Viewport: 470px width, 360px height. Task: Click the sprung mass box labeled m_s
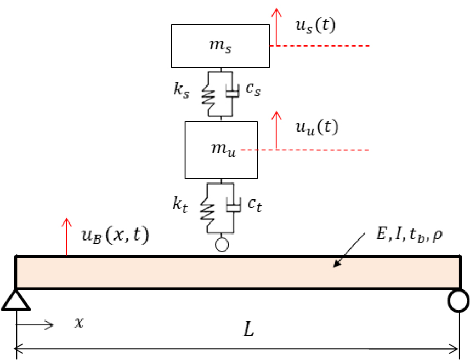click(220, 45)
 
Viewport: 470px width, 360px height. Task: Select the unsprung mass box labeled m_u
click(221, 150)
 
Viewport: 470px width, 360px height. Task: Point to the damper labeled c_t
click(234, 206)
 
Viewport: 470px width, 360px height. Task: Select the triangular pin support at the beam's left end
click(15, 300)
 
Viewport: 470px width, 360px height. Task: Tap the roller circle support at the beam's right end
click(458, 300)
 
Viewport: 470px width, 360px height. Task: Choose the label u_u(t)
click(317, 127)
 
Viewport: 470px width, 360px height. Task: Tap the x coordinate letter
click(79, 323)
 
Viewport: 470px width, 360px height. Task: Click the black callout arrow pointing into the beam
click(349, 250)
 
